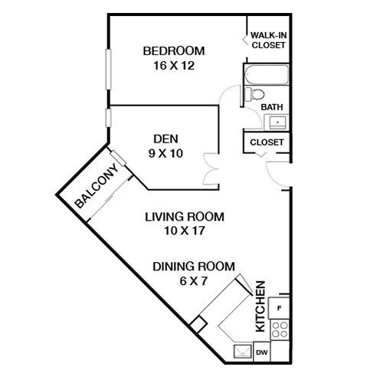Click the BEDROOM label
tap(174, 51)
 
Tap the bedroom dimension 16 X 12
tap(174, 66)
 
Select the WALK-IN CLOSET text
tap(268, 40)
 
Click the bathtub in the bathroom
tap(266, 76)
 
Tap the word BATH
tap(273, 107)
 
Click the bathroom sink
tap(277, 121)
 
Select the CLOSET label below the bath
tap(267, 142)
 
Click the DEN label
tap(165, 139)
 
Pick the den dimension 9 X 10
tap(165, 152)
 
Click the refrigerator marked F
tap(280, 308)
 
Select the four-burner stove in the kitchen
tap(280, 330)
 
